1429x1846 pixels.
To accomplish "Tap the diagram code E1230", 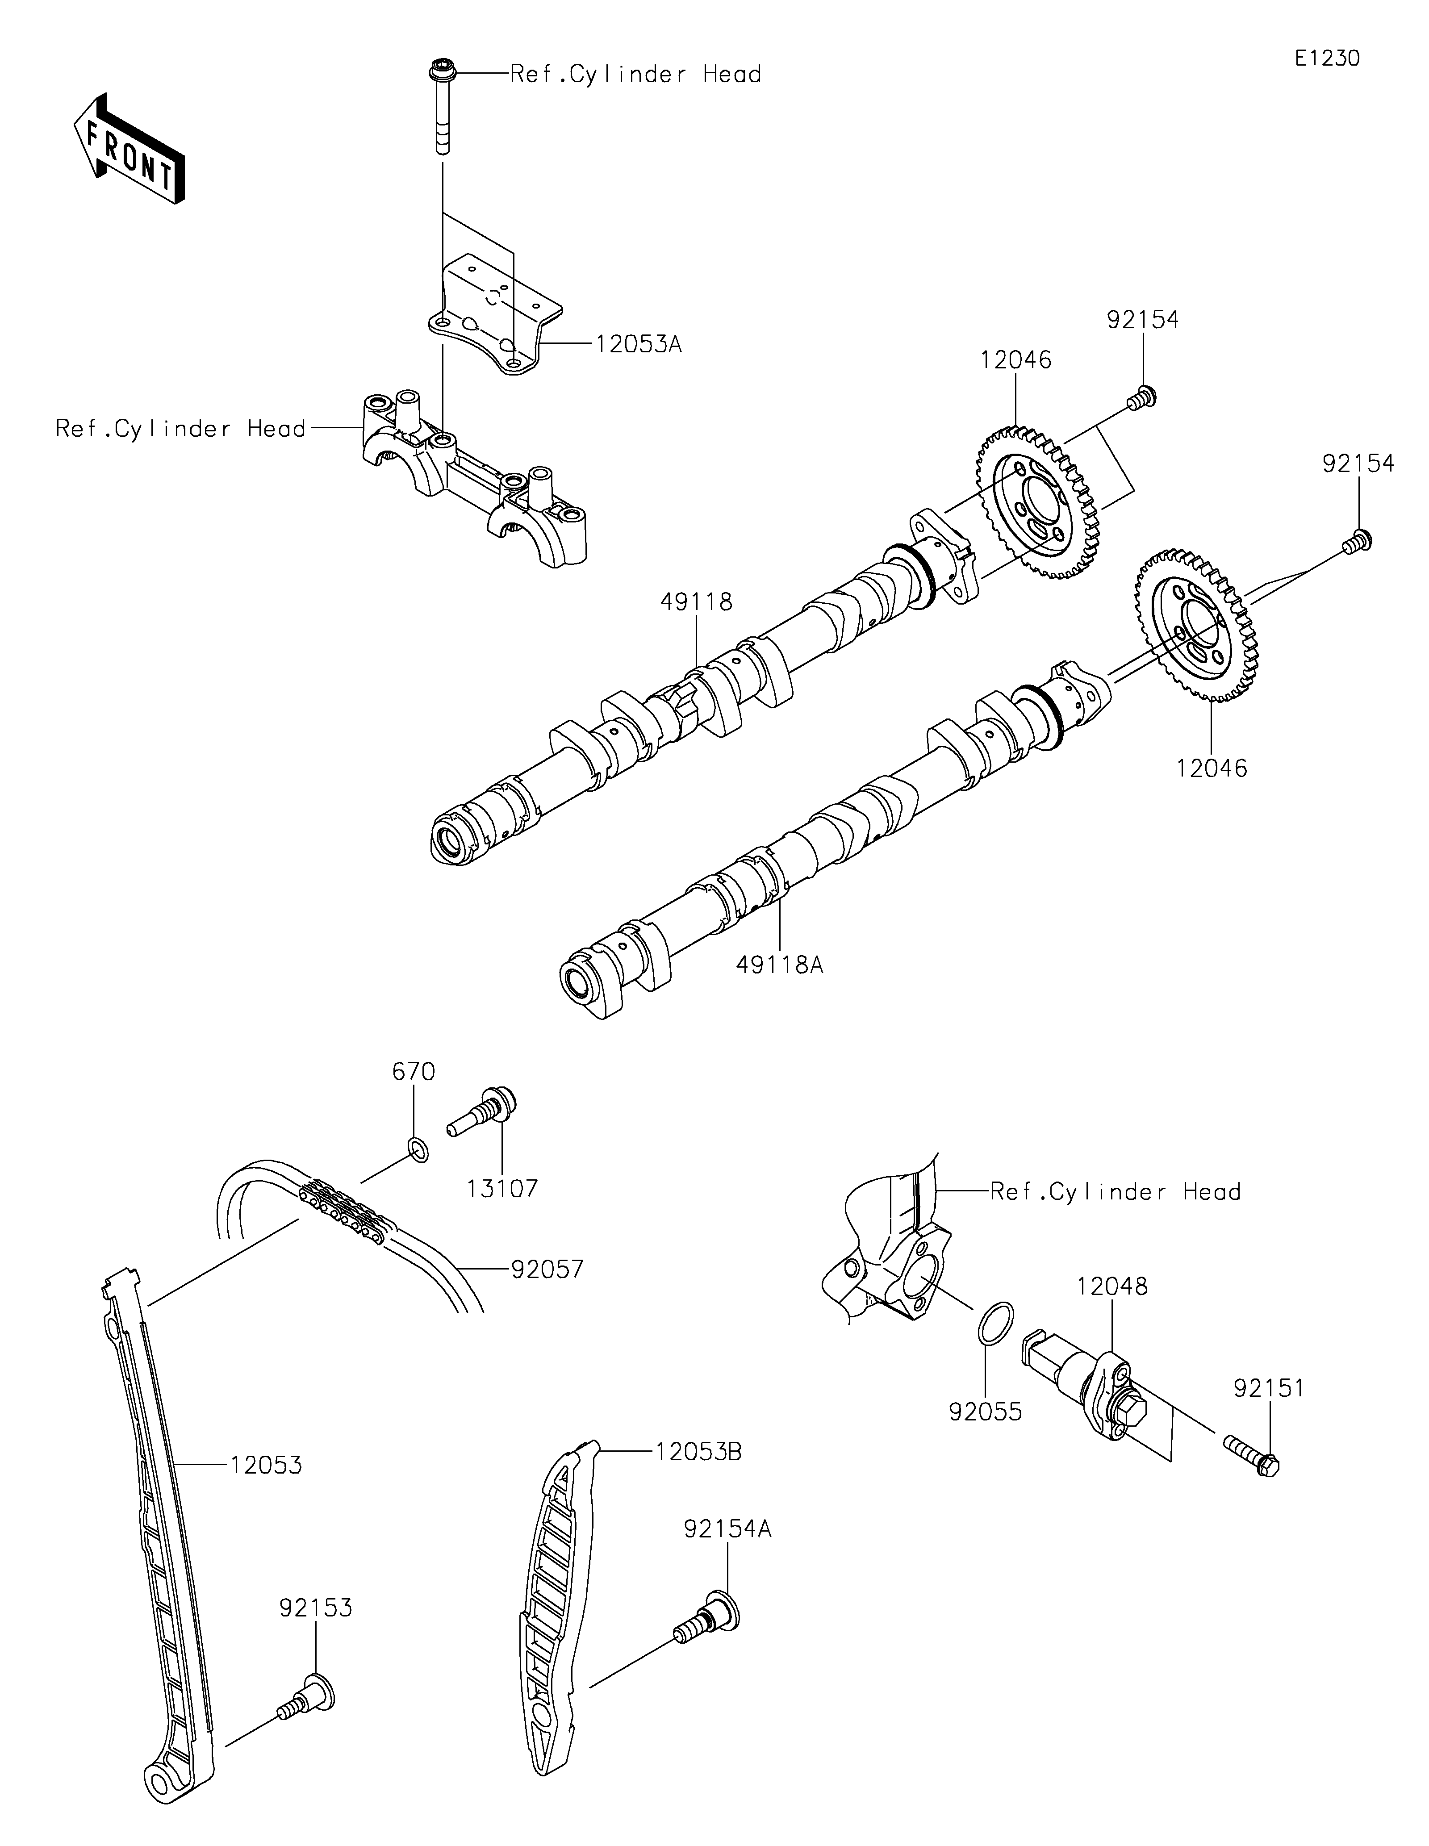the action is [x=1328, y=58].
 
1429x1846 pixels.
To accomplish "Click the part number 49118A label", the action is [x=779, y=965].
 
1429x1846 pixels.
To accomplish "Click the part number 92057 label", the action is [x=547, y=1293].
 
